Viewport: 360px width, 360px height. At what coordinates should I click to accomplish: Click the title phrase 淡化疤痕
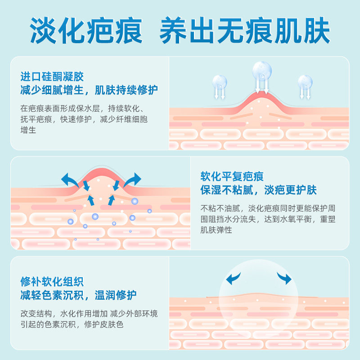coord(86,31)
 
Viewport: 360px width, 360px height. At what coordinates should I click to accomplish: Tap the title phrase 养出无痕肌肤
coord(245,31)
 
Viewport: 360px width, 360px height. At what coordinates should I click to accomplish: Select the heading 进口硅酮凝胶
coord(52,77)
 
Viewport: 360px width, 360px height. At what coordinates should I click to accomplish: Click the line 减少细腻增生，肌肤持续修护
coord(89,90)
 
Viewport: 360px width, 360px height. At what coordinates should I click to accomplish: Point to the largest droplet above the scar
coord(262,71)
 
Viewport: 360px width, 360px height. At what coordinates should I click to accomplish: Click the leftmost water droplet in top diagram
coord(220,82)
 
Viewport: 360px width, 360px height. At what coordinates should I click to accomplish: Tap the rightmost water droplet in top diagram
coord(305,82)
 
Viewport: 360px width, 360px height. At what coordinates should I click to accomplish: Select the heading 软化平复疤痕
coord(232,176)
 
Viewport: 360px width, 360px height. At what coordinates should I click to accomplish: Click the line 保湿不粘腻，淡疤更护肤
coord(259,190)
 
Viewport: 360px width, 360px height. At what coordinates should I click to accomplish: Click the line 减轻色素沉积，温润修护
coord(79,296)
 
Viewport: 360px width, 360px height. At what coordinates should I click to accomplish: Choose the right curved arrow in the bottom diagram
coord(284,278)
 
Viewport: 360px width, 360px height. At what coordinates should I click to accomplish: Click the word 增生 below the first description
coord(28,130)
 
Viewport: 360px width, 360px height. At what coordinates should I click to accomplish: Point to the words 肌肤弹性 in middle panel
coord(216,230)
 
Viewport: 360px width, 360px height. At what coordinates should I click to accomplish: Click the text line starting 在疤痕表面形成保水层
coord(82,109)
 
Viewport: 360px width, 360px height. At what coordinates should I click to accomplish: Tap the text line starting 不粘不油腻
coord(268,209)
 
